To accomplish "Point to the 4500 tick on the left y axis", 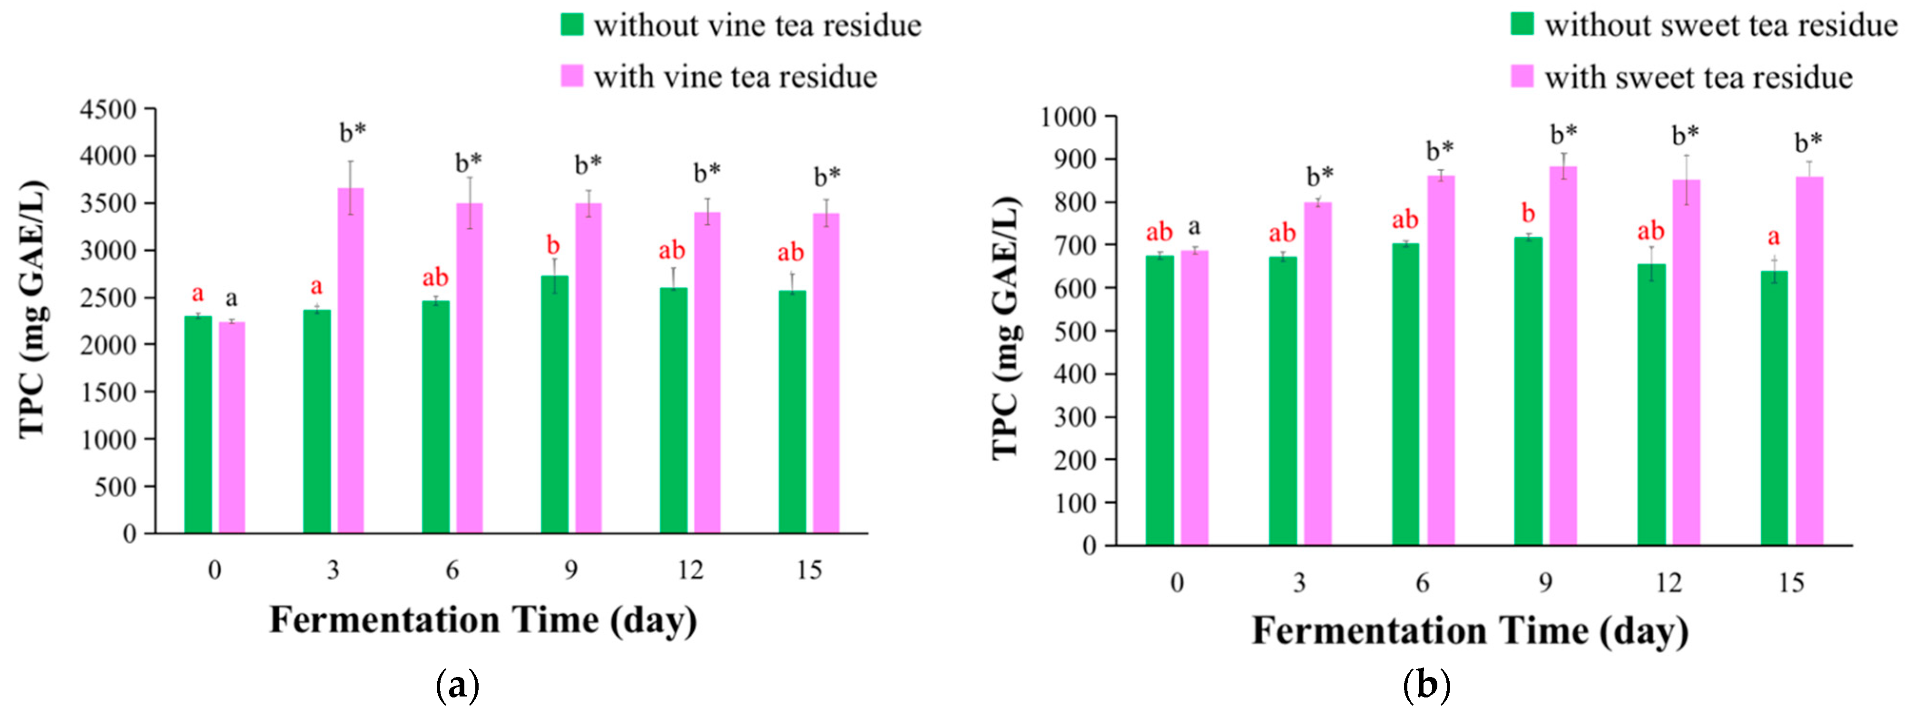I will tap(108, 109).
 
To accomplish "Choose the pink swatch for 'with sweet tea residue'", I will tap(1522, 76).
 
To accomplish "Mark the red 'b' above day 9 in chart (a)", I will tap(553, 245).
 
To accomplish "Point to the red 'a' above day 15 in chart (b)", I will tap(1773, 237).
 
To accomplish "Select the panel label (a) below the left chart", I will tap(458, 686).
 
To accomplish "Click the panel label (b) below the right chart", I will tap(1426, 686).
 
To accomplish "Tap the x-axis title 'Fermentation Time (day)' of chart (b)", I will tap(1470, 631).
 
